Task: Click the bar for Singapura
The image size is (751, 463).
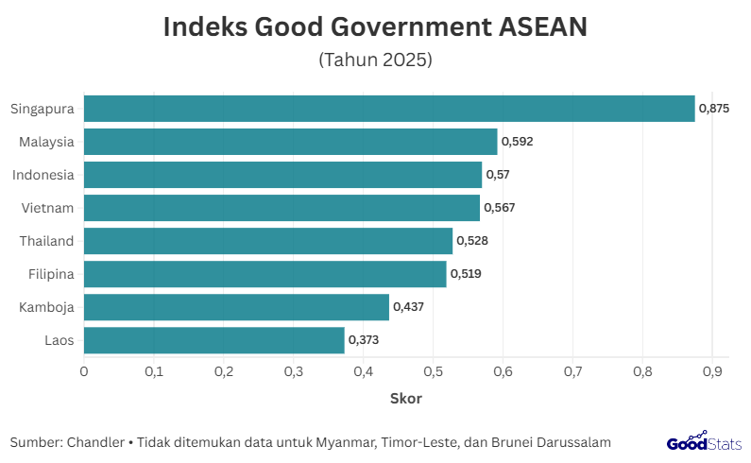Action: pos(389,109)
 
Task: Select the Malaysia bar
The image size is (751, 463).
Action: pos(291,142)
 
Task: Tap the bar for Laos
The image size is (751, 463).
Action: pos(214,340)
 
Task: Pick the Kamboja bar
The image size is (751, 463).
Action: pos(236,307)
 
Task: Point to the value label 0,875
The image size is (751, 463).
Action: pos(714,109)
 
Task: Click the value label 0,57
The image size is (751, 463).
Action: pos(497,175)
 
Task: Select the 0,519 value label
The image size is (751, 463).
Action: pos(466,274)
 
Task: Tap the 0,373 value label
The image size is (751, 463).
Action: pos(364,340)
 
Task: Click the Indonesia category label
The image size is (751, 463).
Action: pos(43,175)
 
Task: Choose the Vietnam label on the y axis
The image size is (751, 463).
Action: pos(47,208)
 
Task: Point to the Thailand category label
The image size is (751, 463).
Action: pos(46,241)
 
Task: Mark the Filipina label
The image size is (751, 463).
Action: pos(50,274)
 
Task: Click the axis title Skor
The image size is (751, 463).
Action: pos(406,398)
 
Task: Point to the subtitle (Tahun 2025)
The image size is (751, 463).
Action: pos(376,60)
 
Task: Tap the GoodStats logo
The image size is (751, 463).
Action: pos(703,442)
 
